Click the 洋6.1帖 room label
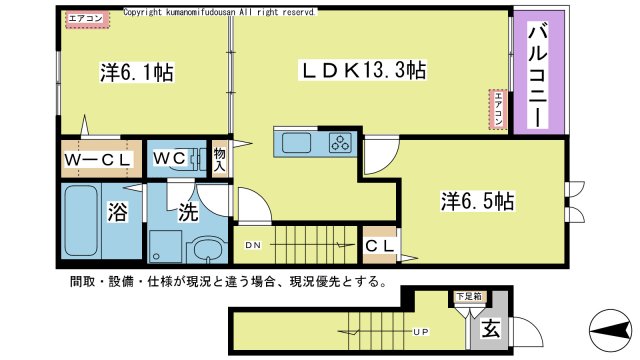(x=136, y=72)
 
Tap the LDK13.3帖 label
(x=366, y=70)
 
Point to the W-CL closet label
(x=98, y=159)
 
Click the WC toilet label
(x=167, y=158)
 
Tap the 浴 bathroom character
(x=117, y=212)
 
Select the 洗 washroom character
(x=188, y=211)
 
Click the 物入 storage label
(x=220, y=160)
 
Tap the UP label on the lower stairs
(x=423, y=330)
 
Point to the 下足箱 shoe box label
(x=468, y=297)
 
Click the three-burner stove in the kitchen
(x=339, y=143)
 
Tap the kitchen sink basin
(x=296, y=143)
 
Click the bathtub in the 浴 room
(x=79, y=222)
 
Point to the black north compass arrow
(x=609, y=326)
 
